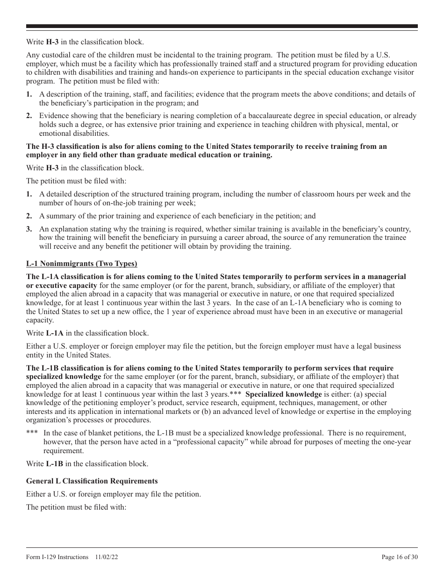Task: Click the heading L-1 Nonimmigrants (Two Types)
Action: pyautogui.click(x=81, y=264)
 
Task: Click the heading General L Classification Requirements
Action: pyautogui.click(x=92, y=481)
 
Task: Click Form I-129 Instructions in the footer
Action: pyautogui.click(x=57, y=557)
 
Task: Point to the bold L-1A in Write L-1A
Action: pyautogui.click(x=54, y=333)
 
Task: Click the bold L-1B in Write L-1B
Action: pyautogui.click(x=54, y=463)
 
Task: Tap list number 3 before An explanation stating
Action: pyautogui.click(x=29, y=229)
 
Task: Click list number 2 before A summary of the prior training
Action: pyautogui.click(x=29, y=216)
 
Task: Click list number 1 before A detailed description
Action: pyautogui.click(x=29, y=194)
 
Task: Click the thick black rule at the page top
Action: pyautogui.click(x=222, y=27)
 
